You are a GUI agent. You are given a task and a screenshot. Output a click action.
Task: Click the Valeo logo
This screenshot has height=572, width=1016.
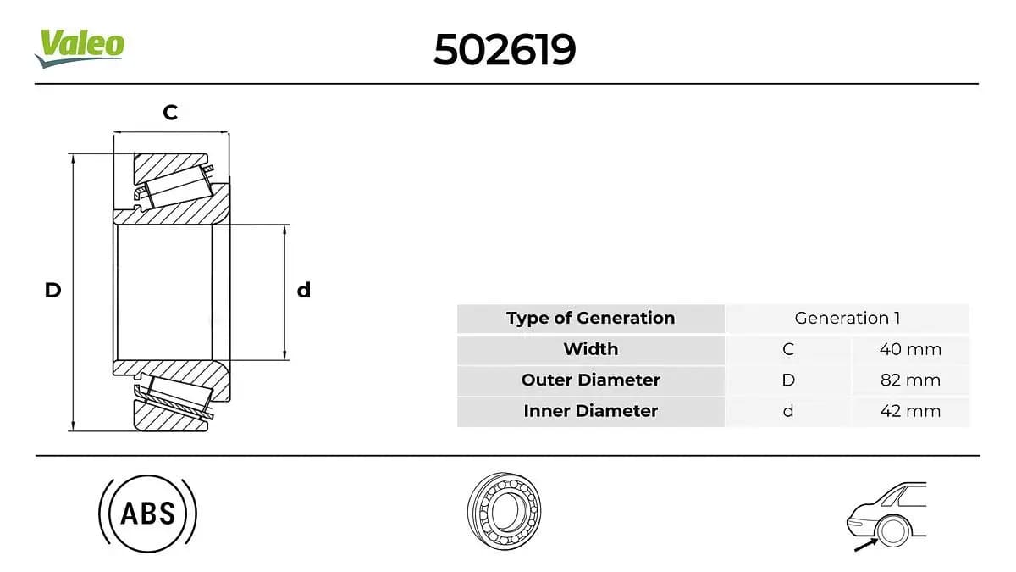[x=80, y=48]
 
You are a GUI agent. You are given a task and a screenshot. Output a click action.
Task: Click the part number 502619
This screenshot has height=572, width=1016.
[x=505, y=49]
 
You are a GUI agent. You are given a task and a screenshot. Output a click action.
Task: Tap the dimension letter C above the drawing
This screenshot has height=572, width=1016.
[x=170, y=112]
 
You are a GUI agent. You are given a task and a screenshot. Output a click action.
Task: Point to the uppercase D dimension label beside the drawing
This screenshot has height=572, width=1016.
[x=52, y=290]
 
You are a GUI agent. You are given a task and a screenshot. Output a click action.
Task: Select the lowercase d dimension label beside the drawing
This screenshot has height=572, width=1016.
[x=304, y=290]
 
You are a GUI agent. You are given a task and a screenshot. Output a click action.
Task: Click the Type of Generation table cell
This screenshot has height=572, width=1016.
[x=591, y=319]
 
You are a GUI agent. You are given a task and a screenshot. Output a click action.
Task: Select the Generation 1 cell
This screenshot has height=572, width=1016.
[x=848, y=319]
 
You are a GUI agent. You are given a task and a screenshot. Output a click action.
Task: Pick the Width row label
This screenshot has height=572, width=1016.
[x=591, y=349]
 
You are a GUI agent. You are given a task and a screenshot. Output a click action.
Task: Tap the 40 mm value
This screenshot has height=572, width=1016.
[x=910, y=349]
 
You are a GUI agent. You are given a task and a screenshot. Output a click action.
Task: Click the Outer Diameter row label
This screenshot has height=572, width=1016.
[x=591, y=380]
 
